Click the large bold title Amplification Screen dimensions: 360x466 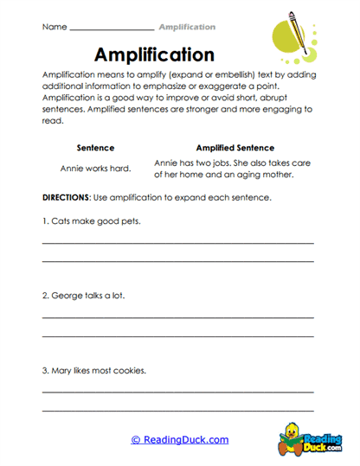(x=154, y=55)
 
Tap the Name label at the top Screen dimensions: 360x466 (x=54, y=27)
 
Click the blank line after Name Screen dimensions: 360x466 (x=111, y=29)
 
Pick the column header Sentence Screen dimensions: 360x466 (x=95, y=148)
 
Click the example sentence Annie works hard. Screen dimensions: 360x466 (x=95, y=167)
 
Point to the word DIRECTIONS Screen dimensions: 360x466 (x=67, y=198)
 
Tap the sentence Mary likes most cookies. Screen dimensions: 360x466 (x=93, y=371)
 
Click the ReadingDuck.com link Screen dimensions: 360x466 (x=180, y=440)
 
